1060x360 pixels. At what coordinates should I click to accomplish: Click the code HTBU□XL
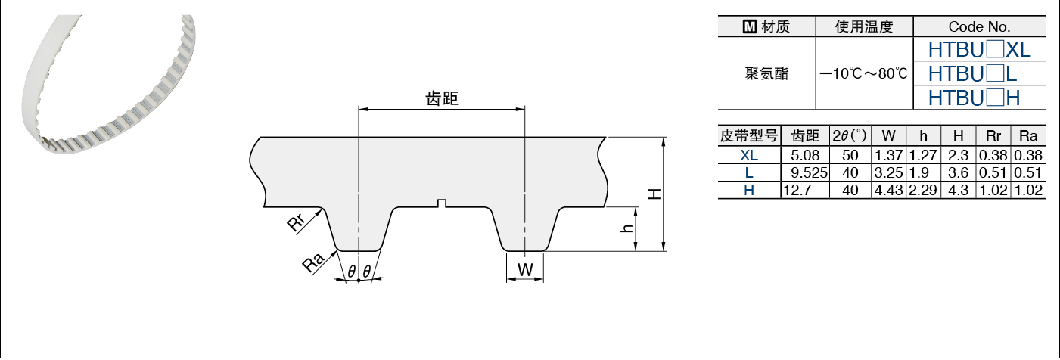click(979, 51)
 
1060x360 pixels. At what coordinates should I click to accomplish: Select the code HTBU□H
click(974, 98)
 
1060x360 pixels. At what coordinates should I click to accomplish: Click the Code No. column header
click(979, 27)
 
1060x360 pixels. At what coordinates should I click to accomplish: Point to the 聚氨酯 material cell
click(766, 74)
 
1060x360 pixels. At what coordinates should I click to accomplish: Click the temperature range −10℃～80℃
click(864, 74)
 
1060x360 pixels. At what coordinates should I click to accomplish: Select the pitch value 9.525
click(805, 172)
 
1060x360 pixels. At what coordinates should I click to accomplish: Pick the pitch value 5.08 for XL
click(805, 156)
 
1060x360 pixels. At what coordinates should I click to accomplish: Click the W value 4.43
click(889, 190)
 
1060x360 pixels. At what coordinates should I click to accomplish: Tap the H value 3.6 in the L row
click(958, 172)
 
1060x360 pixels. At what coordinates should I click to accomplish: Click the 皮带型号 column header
click(748, 136)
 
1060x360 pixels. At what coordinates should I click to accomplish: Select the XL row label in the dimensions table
click(748, 156)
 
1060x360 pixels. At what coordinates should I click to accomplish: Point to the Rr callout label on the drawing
click(297, 223)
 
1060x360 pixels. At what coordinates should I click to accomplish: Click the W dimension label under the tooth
click(525, 269)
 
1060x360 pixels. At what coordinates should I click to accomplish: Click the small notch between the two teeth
click(443, 203)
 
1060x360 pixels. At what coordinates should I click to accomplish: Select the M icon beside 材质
click(750, 27)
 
